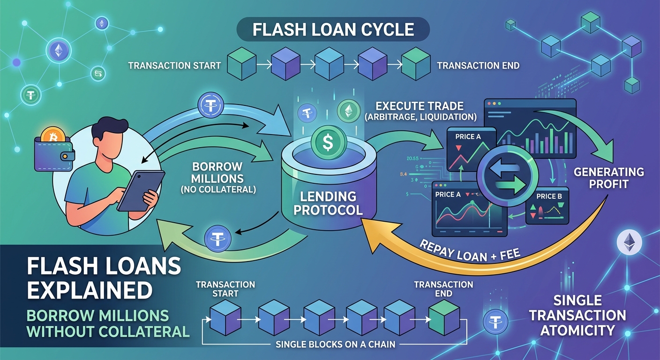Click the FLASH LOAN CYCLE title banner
click(x=333, y=29)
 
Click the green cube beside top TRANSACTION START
click(x=241, y=66)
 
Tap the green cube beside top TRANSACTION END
click(x=416, y=66)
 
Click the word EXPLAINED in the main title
click(x=89, y=290)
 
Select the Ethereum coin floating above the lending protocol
click(x=348, y=111)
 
